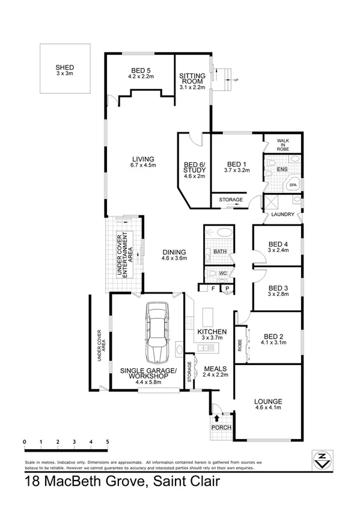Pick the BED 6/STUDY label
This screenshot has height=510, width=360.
[x=194, y=170]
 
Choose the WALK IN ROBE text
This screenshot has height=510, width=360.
[x=283, y=144]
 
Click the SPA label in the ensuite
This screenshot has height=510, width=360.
[x=293, y=186]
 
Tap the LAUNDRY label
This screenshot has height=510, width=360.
[x=282, y=214]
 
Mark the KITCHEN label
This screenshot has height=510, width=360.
[x=212, y=331]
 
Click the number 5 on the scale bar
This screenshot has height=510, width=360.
[x=107, y=442]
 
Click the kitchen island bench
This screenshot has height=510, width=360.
[x=209, y=316]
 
